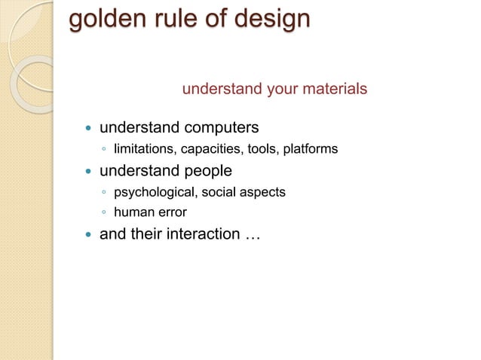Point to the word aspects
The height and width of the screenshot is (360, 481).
coord(264,192)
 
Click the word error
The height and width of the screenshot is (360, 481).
coord(170,212)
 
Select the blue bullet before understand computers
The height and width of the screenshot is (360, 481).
coord(87,127)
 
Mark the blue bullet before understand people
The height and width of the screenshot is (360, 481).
coord(87,171)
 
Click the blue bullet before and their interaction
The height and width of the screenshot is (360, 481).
coord(87,235)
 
